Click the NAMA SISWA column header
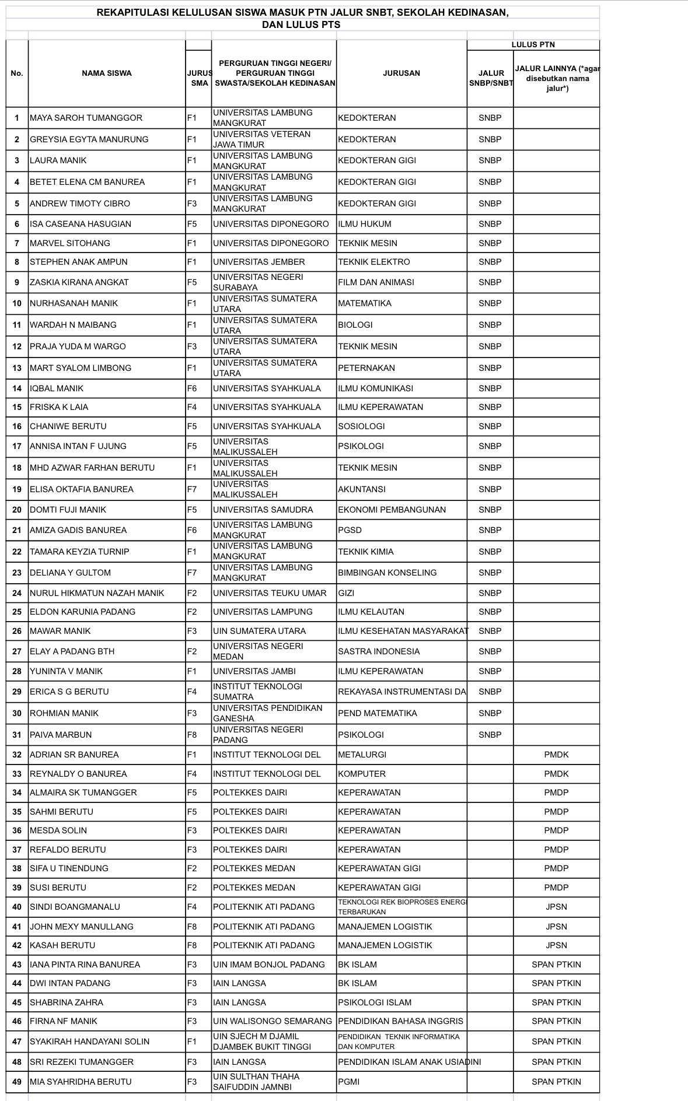tap(106, 73)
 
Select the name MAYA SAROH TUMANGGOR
tap(86, 118)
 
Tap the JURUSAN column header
tap(401, 73)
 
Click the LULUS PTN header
tap(533, 44)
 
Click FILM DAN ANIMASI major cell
tap(376, 282)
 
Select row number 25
tap(17, 612)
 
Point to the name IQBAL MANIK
tap(57, 388)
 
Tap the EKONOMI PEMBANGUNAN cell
tap(392, 510)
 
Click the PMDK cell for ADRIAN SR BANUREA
tap(556, 755)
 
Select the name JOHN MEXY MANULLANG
tap(82, 927)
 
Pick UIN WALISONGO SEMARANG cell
tap(272, 1021)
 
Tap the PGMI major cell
tap(348, 1082)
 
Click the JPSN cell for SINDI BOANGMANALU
tap(556, 907)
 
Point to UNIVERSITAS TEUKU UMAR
tap(270, 593)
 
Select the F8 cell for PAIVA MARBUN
tap(192, 735)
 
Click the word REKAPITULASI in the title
tap(132, 12)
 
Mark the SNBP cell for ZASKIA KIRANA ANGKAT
tap(490, 282)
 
